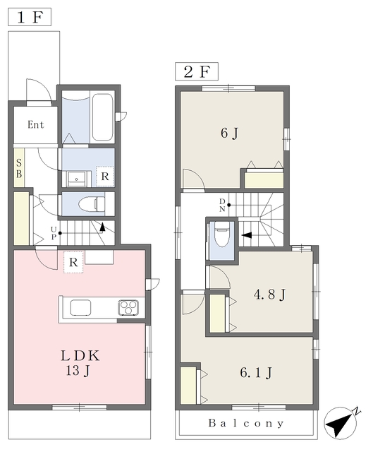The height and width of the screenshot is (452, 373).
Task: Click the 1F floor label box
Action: click(30, 17)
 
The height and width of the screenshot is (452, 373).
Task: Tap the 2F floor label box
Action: click(197, 71)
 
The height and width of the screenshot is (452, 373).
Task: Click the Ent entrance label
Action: click(36, 124)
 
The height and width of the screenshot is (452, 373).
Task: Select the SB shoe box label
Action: click(19, 168)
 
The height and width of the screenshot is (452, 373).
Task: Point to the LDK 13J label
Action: click(80, 363)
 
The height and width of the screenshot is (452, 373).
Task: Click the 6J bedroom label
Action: click(229, 133)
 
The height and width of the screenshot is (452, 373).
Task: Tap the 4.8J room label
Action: click(269, 295)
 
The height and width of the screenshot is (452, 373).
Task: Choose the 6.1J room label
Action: click(256, 373)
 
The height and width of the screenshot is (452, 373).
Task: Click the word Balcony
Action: click(246, 423)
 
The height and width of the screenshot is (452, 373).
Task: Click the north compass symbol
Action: click(341, 422)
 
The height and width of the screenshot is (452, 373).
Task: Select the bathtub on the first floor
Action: click(102, 117)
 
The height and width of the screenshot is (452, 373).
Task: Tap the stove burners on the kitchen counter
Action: click(128, 307)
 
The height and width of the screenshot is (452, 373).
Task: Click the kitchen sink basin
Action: click(80, 307)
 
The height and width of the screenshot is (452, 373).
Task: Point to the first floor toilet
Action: click(92, 204)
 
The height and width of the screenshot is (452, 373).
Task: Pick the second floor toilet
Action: click(222, 234)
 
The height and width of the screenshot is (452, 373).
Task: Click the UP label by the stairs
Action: click(54, 233)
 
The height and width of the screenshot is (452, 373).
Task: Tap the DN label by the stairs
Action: click(222, 206)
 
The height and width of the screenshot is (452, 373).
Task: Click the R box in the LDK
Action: click(73, 262)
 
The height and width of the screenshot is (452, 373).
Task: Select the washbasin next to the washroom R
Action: click(77, 179)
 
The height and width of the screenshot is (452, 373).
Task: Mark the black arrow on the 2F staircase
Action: click(247, 235)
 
